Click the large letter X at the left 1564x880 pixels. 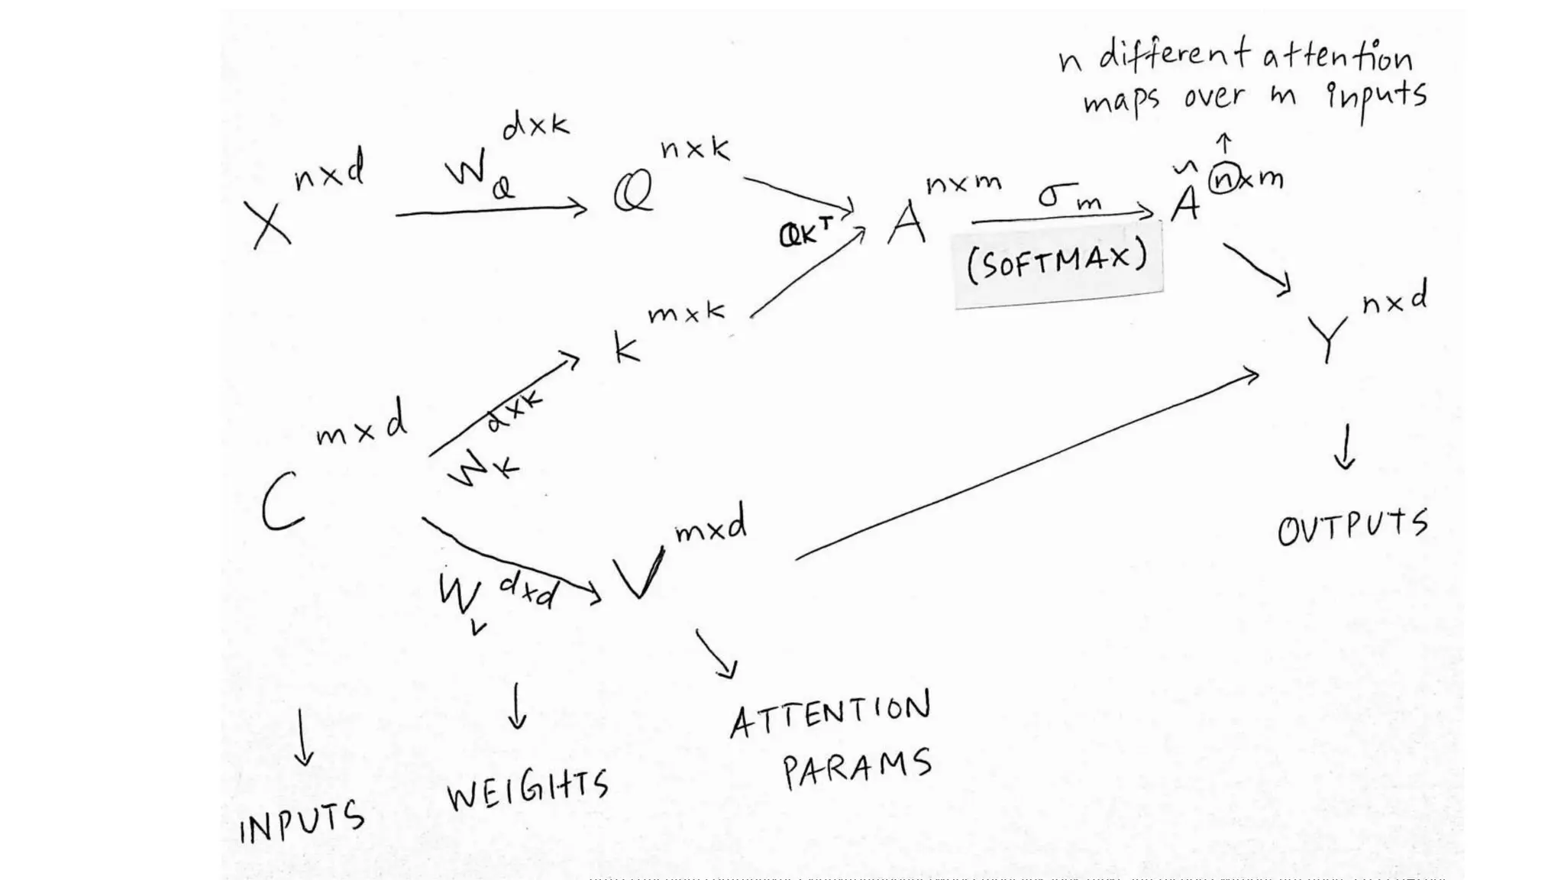pyautogui.click(x=271, y=225)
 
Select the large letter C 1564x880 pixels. pyautogui.click(x=283, y=501)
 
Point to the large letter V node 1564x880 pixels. pyautogui.click(x=639, y=575)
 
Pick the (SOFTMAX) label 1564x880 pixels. pyautogui.click(x=1058, y=261)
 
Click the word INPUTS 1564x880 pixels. pyautogui.click(x=302, y=822)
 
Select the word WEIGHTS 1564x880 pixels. pyautogui.click(x=528, y=790)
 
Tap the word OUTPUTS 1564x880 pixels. pyautogui.click(x=1352, y=527)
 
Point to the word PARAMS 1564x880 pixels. pyautogui.click(x=857, y=767)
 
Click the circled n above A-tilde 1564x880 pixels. pyautogui.click(x=1224, y=180)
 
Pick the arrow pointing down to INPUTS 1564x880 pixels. pyautogui.click(x=303, y=738)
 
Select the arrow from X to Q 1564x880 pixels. pyautogui.click(x=491, y=210)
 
